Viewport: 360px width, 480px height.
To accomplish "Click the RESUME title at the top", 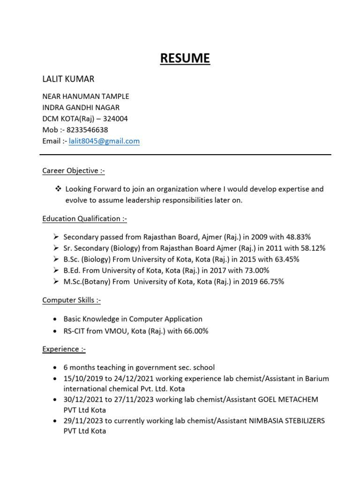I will [x=185, y=59].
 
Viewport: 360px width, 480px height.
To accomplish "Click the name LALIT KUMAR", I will [x=68, y=79].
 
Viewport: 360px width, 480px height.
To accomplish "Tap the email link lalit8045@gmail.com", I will [x=104, y=141].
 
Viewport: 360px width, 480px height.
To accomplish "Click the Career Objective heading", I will [x=73, y=171].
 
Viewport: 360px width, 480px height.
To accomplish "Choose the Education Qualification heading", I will [x=84, y=218].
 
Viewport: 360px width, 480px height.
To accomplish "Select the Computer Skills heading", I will [x=71, y=300].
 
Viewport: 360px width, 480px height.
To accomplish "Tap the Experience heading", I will [x=64, y=349].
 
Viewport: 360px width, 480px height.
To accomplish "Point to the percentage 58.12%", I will [x=311, y=248].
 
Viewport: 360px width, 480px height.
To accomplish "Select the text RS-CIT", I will [x=75, y=331].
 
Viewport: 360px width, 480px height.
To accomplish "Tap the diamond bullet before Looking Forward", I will [x=59, y=189].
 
